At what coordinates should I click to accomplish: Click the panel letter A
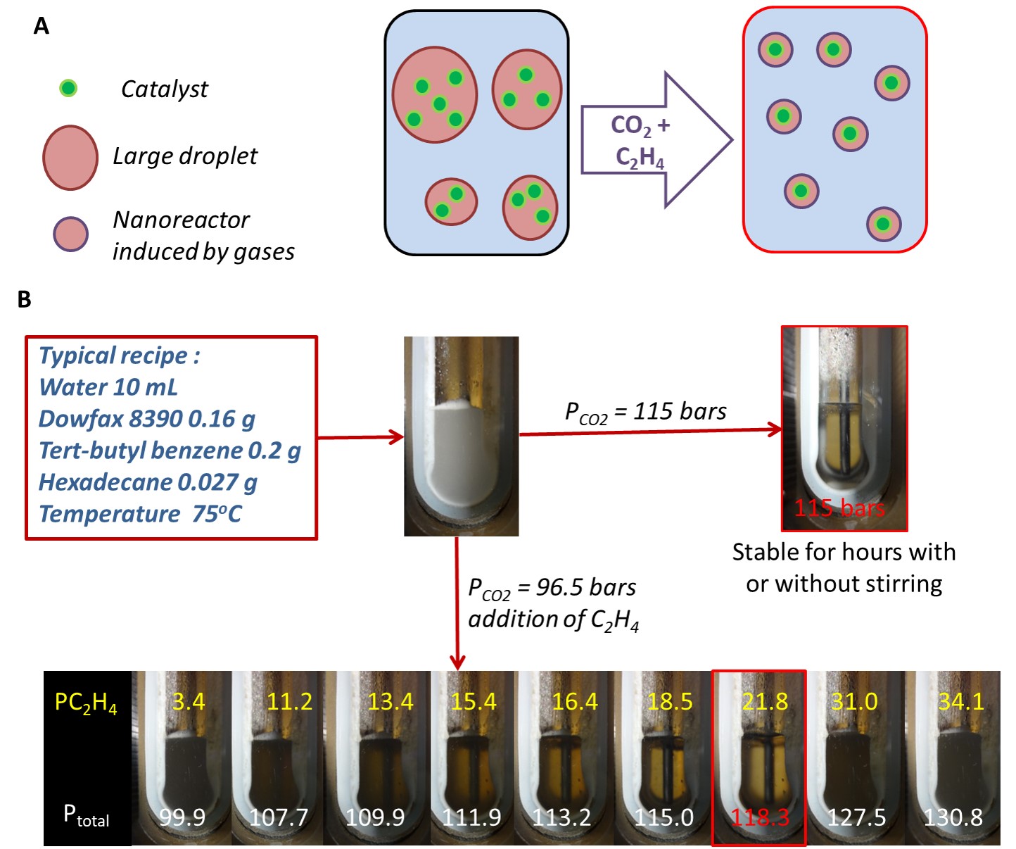coord(42,27)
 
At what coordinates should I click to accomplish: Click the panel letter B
coord(25,300)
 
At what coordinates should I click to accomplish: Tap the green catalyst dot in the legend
coord(68,89)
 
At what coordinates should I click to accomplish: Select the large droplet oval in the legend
coord(70,158)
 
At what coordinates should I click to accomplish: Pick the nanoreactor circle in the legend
coord(71,234)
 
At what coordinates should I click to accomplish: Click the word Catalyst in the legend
coord(165,89)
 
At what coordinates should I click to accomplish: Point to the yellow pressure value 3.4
coord(189,702)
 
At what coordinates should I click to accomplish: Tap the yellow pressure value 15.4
coord(474,702)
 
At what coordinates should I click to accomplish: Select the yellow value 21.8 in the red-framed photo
coord(765,702)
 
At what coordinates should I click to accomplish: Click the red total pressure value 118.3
coord(760,817)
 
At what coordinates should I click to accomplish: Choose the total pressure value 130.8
coord(953,817)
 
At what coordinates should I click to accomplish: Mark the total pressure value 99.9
coord(182,817)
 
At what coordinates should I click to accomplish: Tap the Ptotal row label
coord(86,816)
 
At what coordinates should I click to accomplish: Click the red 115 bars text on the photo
coord(839,508)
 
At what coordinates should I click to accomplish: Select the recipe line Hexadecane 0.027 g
coord(148,482)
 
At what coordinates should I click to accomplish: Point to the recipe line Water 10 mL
coord(108,387)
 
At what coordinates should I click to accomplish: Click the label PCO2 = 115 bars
coord(646,413)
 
